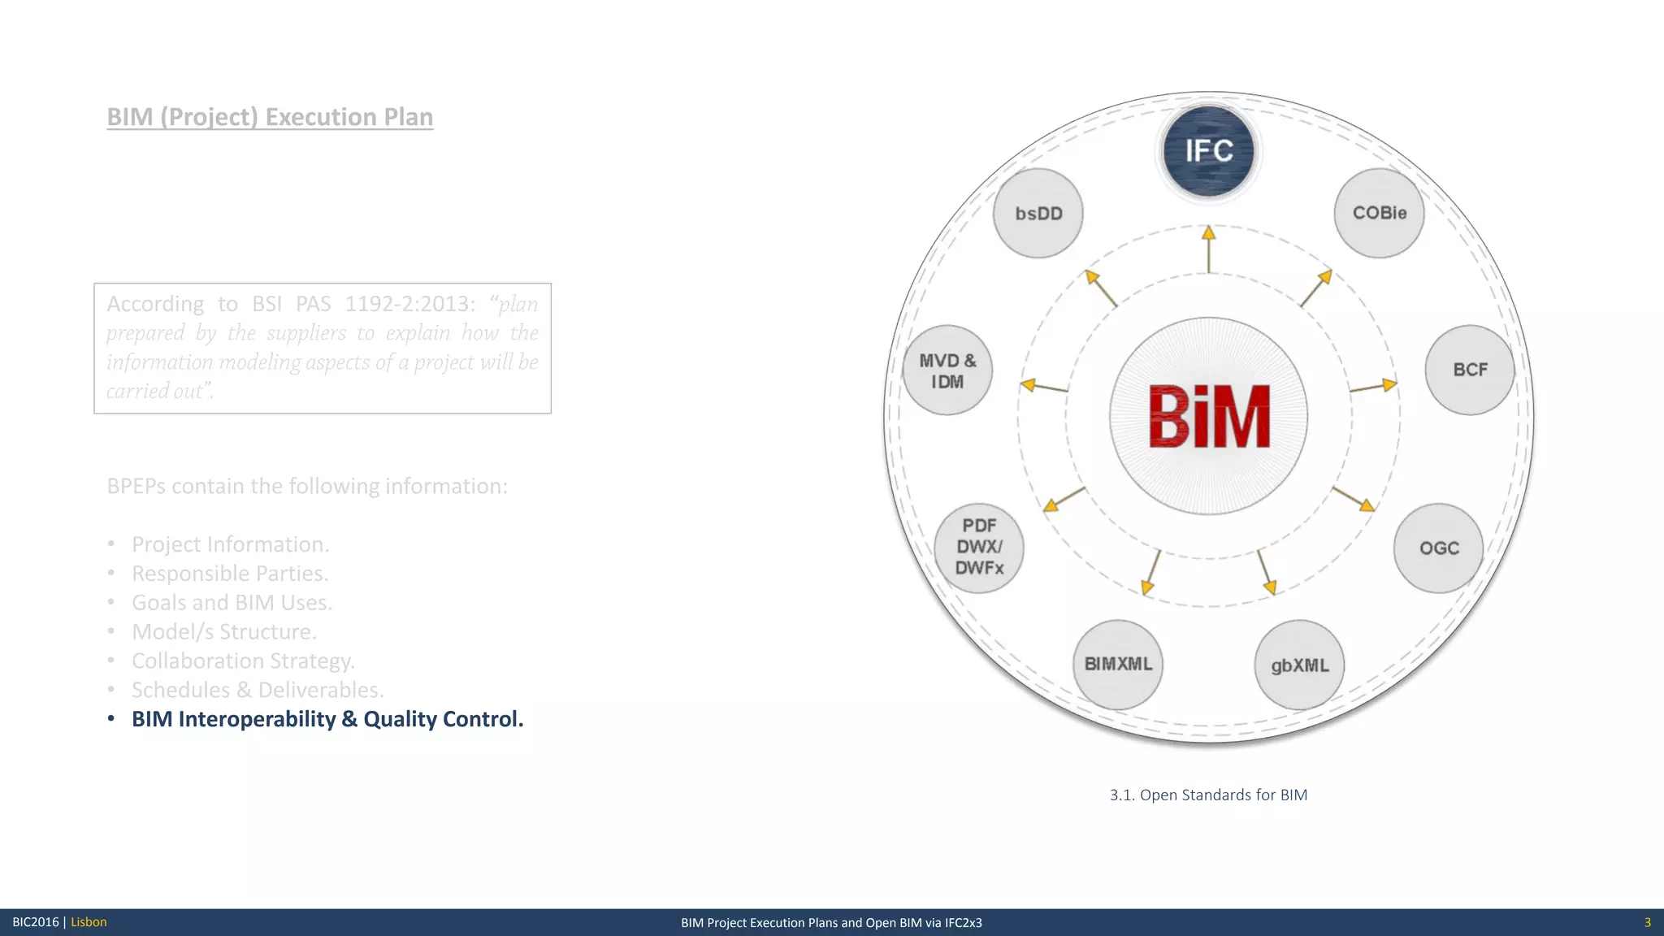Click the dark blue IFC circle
click(1208, 151)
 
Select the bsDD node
click(1038, 213)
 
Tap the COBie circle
click(1379, 213)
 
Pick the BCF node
click(1470, 370)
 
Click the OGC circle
click(1439, 548)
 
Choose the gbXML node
click(1299, 665)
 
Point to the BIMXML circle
click(1118, 665)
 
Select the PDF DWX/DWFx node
click(979, 548)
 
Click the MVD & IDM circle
click(947, 370)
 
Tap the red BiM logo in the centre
click(1209, 417)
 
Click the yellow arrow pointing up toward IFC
click(1208, 249)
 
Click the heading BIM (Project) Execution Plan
click(270, 117)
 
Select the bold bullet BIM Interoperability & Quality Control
click(327, 719)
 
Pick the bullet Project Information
click(230, 544)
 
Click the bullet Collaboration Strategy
click(243, 661)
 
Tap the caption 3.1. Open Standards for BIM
click(1208, 795)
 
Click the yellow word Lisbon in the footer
click(89, 922)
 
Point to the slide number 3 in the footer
click(1647, 922)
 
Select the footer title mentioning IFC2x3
click(831, 922)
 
